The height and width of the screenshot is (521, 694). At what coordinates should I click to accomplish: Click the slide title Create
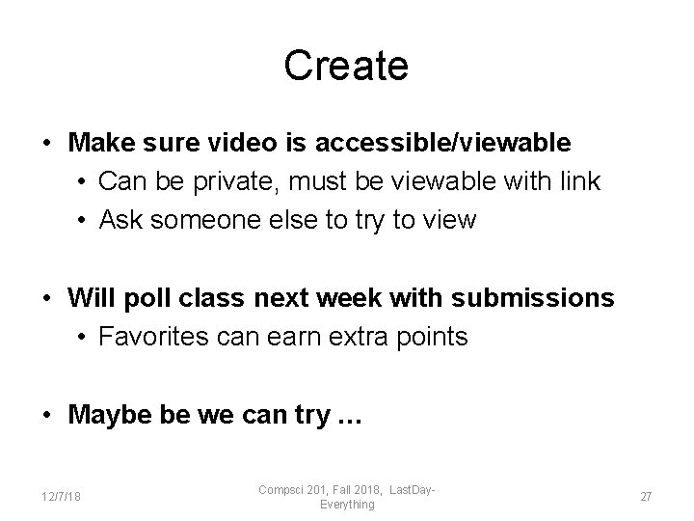pyautogui.click(x=346, y=66)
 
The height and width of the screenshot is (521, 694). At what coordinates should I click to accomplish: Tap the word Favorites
pyautogui.click(x=160, y=337)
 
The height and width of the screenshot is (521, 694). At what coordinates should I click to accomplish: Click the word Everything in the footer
pyautogui.click(x=347, y=504)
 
